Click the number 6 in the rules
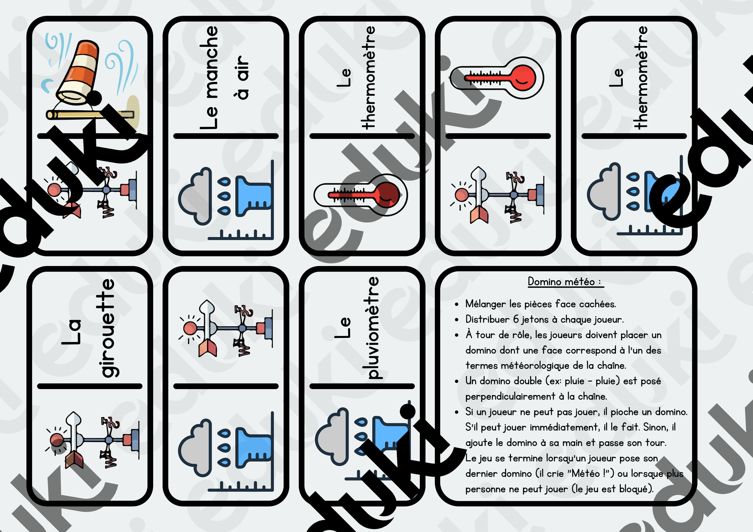(516, 319)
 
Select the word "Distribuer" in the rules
(488, 319)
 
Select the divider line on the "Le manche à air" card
(226, 136)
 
